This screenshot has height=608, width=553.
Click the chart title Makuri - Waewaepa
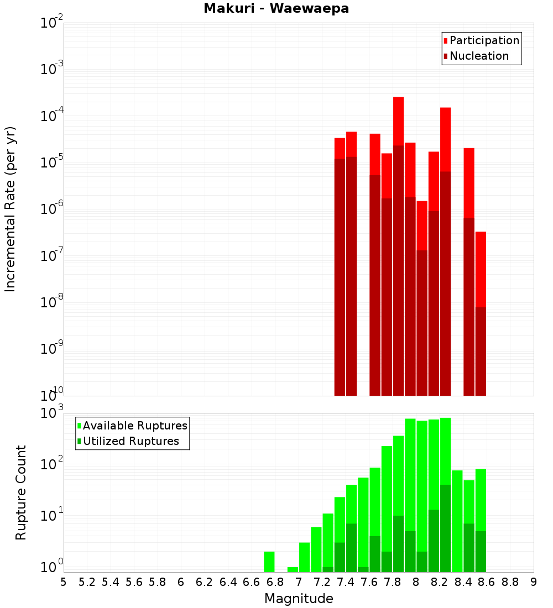click(276, 8)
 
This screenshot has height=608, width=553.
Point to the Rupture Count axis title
click(21, 492)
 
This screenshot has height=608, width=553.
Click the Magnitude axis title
click(299, 599)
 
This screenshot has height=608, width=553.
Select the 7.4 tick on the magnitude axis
click(346, 582)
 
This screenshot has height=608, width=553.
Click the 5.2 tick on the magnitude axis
click(87, 582)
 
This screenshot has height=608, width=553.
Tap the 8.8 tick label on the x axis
click(510, 582)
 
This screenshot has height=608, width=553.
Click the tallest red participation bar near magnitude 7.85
click(398, 122)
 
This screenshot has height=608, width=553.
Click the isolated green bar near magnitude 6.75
click(269, 562)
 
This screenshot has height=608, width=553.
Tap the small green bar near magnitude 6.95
click(293, 569)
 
